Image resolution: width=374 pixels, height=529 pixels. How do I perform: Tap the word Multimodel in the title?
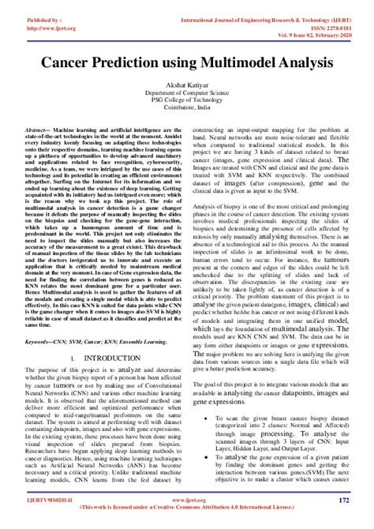[x=237, y=60]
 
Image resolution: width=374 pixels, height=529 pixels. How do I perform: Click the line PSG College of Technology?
[x=187, y=100]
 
